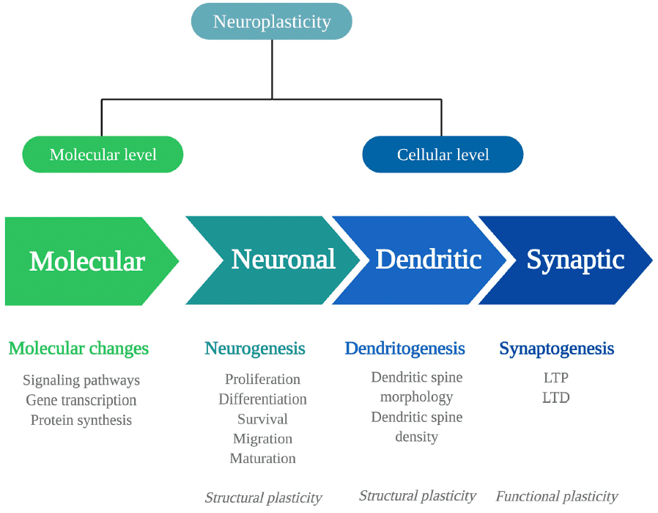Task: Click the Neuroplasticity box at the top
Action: click(x=271, y=21)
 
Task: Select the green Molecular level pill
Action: click(x=103, y=155)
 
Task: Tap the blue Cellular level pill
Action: click(x=443, y=155)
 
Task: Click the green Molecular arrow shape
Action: click(x=87, y=261)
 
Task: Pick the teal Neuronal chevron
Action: click(x=283, y=259)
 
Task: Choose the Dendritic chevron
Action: click(x=428, y=259)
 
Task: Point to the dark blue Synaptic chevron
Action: click(x=574, y=260)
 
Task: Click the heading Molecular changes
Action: click(x=78, y=348)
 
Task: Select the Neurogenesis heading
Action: click(x=255, y=348)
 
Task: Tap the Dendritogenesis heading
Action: click(x=404, y=348)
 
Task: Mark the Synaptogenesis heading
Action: click(x=556, y=348)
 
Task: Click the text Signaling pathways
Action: click(x=81, y=380)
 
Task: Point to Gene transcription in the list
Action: click(x=81, y=400)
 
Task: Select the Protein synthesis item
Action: click(x=81, y=420)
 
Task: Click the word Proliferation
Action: click(x=262, y=379)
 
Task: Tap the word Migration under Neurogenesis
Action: click(x=262, y=439)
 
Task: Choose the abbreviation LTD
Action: click(x=556, y=398)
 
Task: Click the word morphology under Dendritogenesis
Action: click(x=416, y=397)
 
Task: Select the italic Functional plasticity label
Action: click(x=557, y=497)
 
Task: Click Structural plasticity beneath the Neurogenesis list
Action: click(x=263, y=498)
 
